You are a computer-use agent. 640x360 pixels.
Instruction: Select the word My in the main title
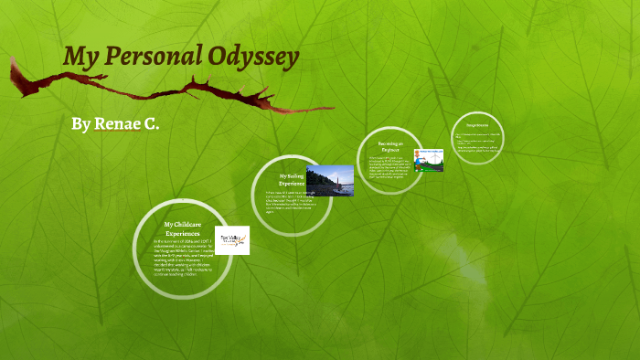point(80,58)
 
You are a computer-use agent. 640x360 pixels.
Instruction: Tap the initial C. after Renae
point(151,123)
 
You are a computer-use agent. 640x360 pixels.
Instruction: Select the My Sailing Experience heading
point(292,179)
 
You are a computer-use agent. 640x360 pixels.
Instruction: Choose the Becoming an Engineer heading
point(391,146)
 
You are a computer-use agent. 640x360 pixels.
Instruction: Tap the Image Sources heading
point(477,124)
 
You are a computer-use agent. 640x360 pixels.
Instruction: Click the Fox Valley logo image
point(231,240)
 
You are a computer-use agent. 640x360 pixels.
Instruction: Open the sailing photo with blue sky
point(330,180)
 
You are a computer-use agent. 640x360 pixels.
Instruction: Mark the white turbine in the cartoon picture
point(436,158)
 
